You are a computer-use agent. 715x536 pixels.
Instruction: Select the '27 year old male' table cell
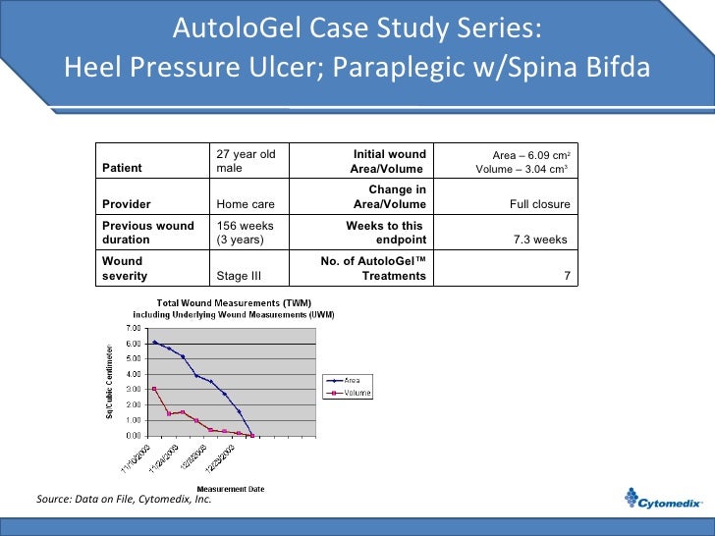point(246,161)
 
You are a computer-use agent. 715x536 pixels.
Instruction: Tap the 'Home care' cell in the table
point(245,204)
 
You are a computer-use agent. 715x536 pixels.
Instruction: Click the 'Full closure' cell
point(539,204)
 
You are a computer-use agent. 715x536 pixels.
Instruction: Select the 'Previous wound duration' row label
point(148,233)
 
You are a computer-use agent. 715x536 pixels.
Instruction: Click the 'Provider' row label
point(127,204)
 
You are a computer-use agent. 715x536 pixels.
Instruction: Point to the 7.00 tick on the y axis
point(133,327)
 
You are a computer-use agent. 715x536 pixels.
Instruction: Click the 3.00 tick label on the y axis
point(133,389)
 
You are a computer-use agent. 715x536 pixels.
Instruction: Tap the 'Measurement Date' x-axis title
point(231,489)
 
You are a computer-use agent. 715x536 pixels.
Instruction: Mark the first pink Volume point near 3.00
point(154,389)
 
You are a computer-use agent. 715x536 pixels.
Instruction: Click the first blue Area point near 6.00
point(154,342)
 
